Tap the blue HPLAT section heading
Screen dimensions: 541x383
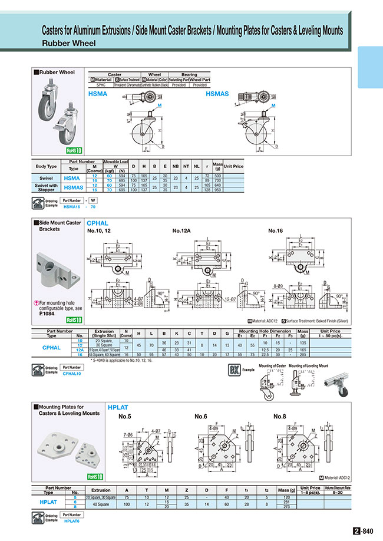tap(117, 407)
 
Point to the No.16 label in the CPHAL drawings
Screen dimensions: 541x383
tap(277, 230)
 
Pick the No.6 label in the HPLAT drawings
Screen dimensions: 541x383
tap(203, 417)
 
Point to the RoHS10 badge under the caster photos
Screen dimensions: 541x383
tap(74, 150)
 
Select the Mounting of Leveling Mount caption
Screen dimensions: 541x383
tap(308, 366)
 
